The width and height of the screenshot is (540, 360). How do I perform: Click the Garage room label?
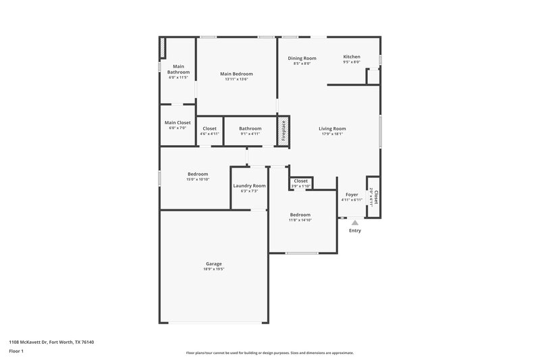coord(213,263)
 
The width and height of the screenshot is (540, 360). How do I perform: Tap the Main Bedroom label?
coord(236,74)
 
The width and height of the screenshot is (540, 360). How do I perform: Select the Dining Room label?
coord(302,58)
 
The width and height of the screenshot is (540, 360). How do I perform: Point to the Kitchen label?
coord(352,57)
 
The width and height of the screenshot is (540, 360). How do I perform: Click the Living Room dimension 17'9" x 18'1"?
coord(331,134)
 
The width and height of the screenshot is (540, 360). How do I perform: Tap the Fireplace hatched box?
coord(283,130)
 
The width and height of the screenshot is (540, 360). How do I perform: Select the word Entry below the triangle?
coord(354,231)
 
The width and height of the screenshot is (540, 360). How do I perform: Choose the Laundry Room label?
coord(249,186)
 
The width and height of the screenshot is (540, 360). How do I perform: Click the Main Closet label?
coord(178,123)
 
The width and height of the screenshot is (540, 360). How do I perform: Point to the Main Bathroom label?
coord(178,69)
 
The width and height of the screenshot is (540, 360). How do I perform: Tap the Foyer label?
coord(352,195)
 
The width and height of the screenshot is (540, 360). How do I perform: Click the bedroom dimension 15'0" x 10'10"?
coord(197,179)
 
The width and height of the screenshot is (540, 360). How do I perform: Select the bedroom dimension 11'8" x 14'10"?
coord(300,220)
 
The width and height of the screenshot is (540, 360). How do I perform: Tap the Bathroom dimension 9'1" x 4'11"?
coord(250,134)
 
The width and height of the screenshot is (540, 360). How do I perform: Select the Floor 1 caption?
coord(16,352)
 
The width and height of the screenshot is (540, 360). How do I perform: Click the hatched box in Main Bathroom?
coord(162,49)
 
